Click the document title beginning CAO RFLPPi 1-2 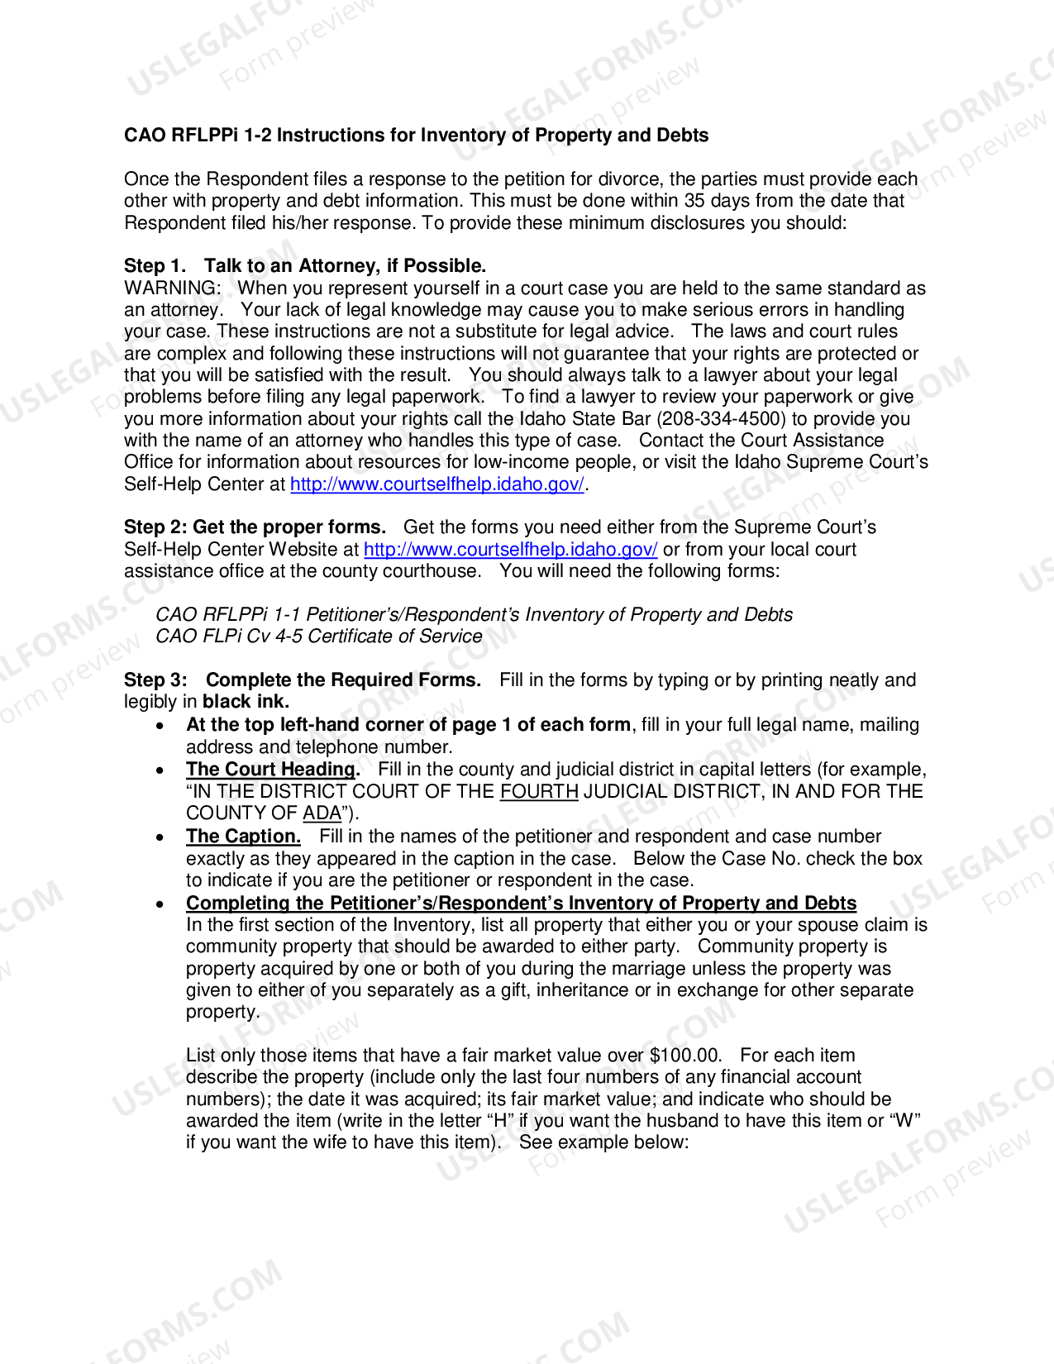pos(416,136)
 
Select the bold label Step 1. pos(155,266)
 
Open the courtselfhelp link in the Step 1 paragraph pos(437,484)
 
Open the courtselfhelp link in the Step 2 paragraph pos(510,550)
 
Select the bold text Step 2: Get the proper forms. pos(255,527)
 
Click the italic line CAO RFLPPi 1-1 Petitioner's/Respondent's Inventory pos(474,615)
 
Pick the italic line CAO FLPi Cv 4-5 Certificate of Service pos(318,637)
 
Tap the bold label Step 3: pos(155,680)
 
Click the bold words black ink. pos(246,702)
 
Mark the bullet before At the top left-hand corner pos(160,726)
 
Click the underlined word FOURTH pos(539,792)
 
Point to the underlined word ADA pos(322,813)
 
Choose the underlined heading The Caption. pos(243,837)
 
